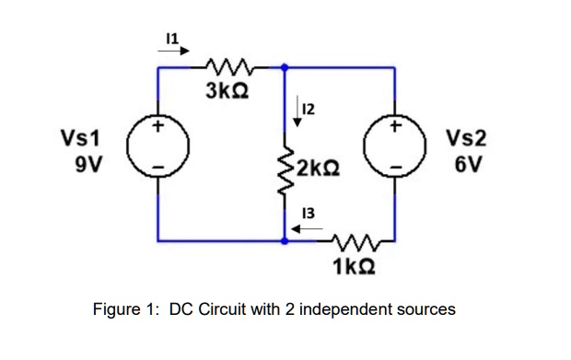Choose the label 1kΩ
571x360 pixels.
pyautogui.click(x=353, y=268)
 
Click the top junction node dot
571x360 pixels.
pyautogui.click(x=285, y=67)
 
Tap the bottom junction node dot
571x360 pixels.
pyautogui.click(x=285, y=240)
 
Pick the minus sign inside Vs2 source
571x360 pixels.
pyautogui.click(x=396, y=168)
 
